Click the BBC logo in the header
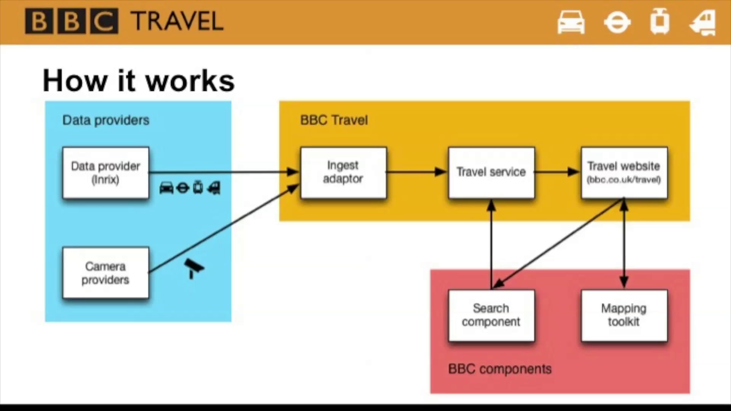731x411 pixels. (71, 21)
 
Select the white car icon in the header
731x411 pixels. (571, 22)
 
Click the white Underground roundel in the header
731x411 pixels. (617, 22)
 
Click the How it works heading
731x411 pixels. (139, 81)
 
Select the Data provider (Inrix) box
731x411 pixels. (106, 173)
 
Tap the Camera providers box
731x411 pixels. (106, 273)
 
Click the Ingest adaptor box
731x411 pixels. (343, 172)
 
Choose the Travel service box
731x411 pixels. (491, 172)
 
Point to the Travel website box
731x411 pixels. (624, 172)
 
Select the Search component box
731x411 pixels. (491, 315)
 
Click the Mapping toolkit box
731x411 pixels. (624, 315)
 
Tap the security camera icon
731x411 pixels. (194, 268)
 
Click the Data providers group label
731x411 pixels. (106, 120)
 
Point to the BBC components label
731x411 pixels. (500, 369)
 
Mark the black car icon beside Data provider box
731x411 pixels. (166, 188)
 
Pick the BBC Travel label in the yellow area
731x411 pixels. (334, 120)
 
